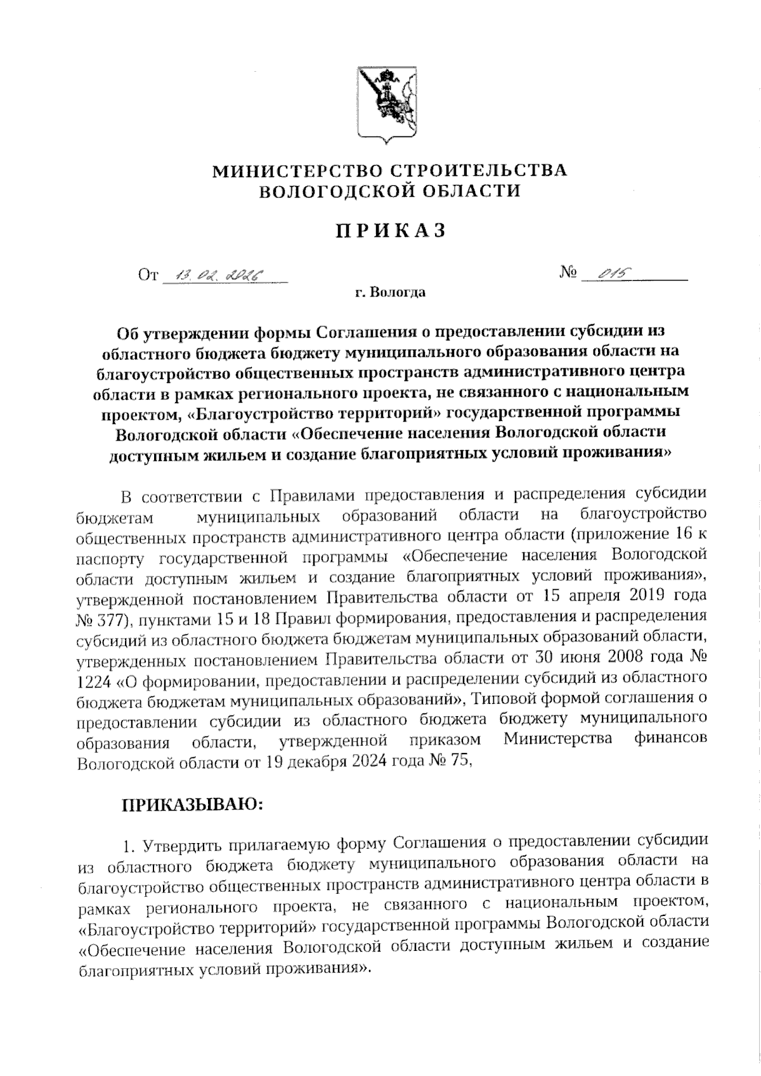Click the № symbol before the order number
tap(569, 273)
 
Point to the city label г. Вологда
tap(389, 293)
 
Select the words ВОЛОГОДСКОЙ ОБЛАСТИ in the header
tap(389, 190)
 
